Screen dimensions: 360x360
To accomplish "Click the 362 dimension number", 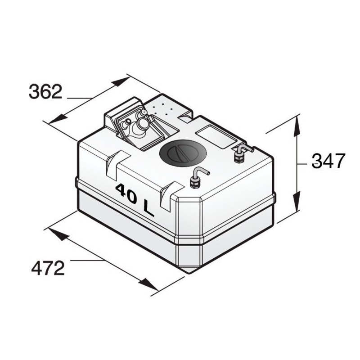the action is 45,91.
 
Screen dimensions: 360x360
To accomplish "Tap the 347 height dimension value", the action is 328,161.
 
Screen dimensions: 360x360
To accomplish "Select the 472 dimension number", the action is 48,268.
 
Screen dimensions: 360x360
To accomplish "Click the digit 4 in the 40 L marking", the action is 121,190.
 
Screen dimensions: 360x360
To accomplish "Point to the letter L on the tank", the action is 148,208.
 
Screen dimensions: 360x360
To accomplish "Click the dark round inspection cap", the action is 182,153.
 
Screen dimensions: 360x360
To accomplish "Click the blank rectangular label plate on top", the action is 216,136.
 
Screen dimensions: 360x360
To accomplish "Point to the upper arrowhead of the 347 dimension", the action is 297,126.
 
